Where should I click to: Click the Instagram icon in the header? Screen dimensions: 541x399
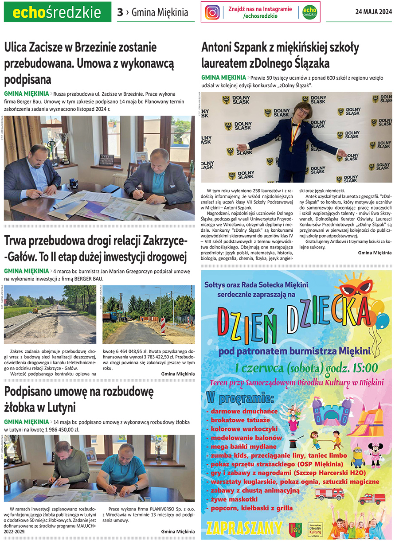point(212,12)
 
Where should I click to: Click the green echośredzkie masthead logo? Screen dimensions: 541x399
point(57,12)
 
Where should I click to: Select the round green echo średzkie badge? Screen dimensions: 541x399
point(309,12)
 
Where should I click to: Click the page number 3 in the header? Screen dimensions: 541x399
point(120,12)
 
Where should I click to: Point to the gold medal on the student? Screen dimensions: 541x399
point(291,149)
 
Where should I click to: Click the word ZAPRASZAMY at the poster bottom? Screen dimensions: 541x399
point(244,527)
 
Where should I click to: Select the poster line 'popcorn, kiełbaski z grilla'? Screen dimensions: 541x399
point(251,508)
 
